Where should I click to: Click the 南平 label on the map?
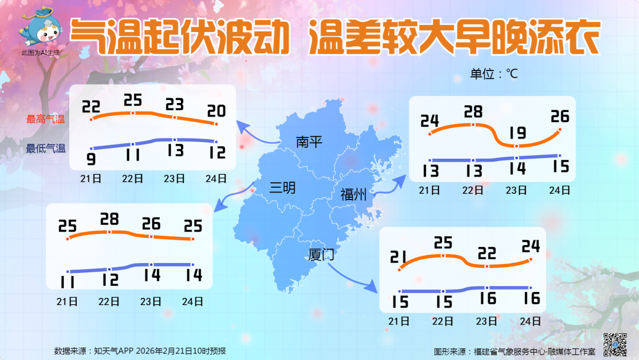(309, 142)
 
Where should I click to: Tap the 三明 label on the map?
(282, 188)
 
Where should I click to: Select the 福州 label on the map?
(353, 194)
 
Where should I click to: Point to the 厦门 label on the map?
(322, 255)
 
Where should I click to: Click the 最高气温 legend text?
(46, 119)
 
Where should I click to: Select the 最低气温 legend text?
(46, 149)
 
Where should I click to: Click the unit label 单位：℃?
(494, 74)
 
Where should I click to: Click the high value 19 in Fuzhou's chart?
(517, 133)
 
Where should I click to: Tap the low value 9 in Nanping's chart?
(91, 159)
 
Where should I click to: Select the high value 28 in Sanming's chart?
(109, 220)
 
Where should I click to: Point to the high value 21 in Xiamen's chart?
(400, 257)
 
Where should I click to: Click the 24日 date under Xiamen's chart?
(531, 322)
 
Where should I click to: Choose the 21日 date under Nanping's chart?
(91, 178)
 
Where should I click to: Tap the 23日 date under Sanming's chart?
(151, 301)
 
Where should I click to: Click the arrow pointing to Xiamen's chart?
(352, 278)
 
